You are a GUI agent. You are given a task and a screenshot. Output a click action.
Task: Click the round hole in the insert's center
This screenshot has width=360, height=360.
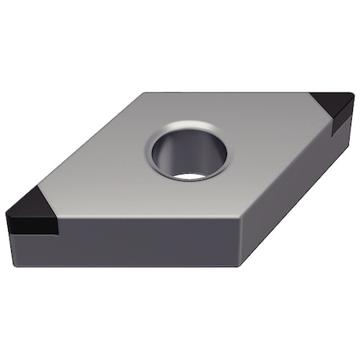(x=186, y=148)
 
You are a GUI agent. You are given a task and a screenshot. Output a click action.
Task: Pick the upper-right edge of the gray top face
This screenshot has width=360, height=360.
(x=232, y=92)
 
